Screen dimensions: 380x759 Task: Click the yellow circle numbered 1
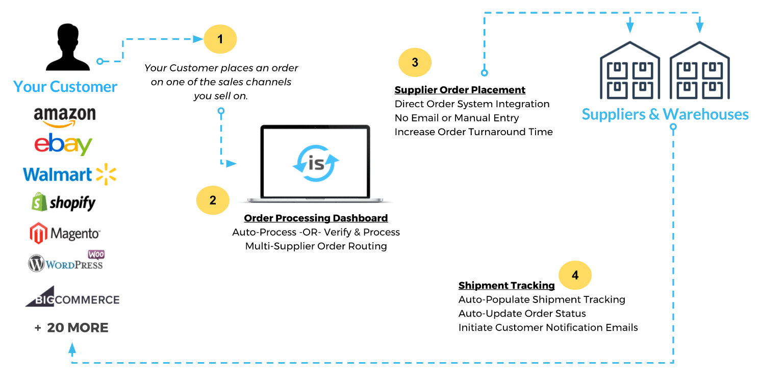coord(220,39)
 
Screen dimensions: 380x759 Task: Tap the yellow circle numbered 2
coord(213,200)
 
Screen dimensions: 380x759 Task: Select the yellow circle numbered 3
coord(415,62)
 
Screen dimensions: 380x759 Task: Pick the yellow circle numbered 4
coord(575,275)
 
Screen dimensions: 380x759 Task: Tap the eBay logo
coord(63,144)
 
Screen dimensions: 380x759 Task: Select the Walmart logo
coord(69,174)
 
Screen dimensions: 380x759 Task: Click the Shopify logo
coord(64,202)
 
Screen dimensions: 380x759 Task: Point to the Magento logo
coord(65,233)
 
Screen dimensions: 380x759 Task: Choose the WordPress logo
coord(66,262)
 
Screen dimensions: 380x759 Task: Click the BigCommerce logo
coord(72,298)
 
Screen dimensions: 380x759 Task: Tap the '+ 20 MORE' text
coord(71,327)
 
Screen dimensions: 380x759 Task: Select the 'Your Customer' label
coord(65,87)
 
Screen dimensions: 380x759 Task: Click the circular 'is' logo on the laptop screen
coord(316,163)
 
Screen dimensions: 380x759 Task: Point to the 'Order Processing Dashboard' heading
coord(316,218)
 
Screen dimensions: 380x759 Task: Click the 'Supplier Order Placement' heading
coord(460,90)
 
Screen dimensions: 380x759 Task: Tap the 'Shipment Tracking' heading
coord(506,286)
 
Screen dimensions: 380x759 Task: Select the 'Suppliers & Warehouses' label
coord(665,114)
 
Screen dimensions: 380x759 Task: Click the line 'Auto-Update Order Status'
coord(522,314)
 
